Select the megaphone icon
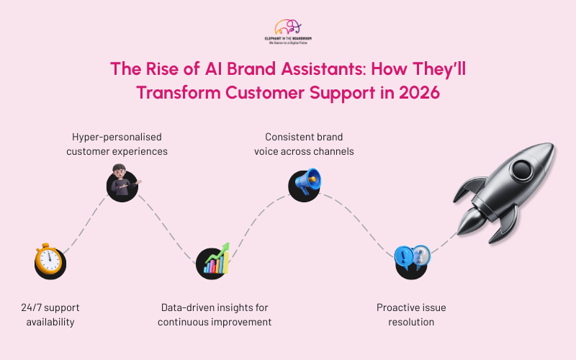pyautogui.click(x=305, y=183)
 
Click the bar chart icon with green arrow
pyautogui.click(x=214, y=261)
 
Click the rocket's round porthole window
pyautogui.click(x=519, y=171)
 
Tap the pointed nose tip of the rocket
pyautogui.click(x=554, y=147)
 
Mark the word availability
pyautogui.click(x=50, y=322)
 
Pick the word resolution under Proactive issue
pyautogui.click(x=411, y=322)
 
